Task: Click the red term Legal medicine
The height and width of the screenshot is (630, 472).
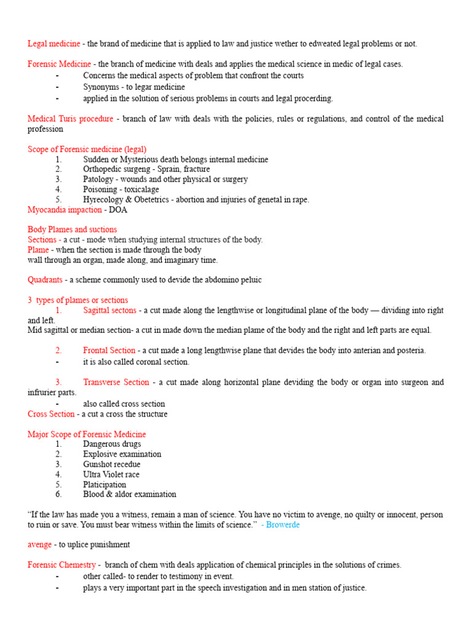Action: pos(53,44)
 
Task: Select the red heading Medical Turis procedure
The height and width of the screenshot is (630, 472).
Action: pos(70,119)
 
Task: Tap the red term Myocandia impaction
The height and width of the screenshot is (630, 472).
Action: pos(65,210)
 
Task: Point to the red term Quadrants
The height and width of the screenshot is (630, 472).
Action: pos(45,280)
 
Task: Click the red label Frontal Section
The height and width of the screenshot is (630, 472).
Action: pos(110,351)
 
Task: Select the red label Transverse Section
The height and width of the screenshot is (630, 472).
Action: pos(116,382)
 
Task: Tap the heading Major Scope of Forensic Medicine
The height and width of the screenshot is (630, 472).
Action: pos(87,434)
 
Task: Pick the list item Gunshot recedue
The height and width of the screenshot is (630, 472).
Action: pos(112,465)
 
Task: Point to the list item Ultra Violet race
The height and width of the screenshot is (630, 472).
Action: pos(111,474)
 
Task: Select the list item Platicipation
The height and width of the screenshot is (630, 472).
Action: pos(104,485)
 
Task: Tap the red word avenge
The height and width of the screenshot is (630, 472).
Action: pos(40,544)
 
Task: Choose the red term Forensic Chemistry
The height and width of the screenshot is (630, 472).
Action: pos(61,565)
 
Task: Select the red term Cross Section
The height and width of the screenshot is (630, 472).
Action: pos(51,414)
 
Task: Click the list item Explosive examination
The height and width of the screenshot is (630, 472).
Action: pos(122,454)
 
